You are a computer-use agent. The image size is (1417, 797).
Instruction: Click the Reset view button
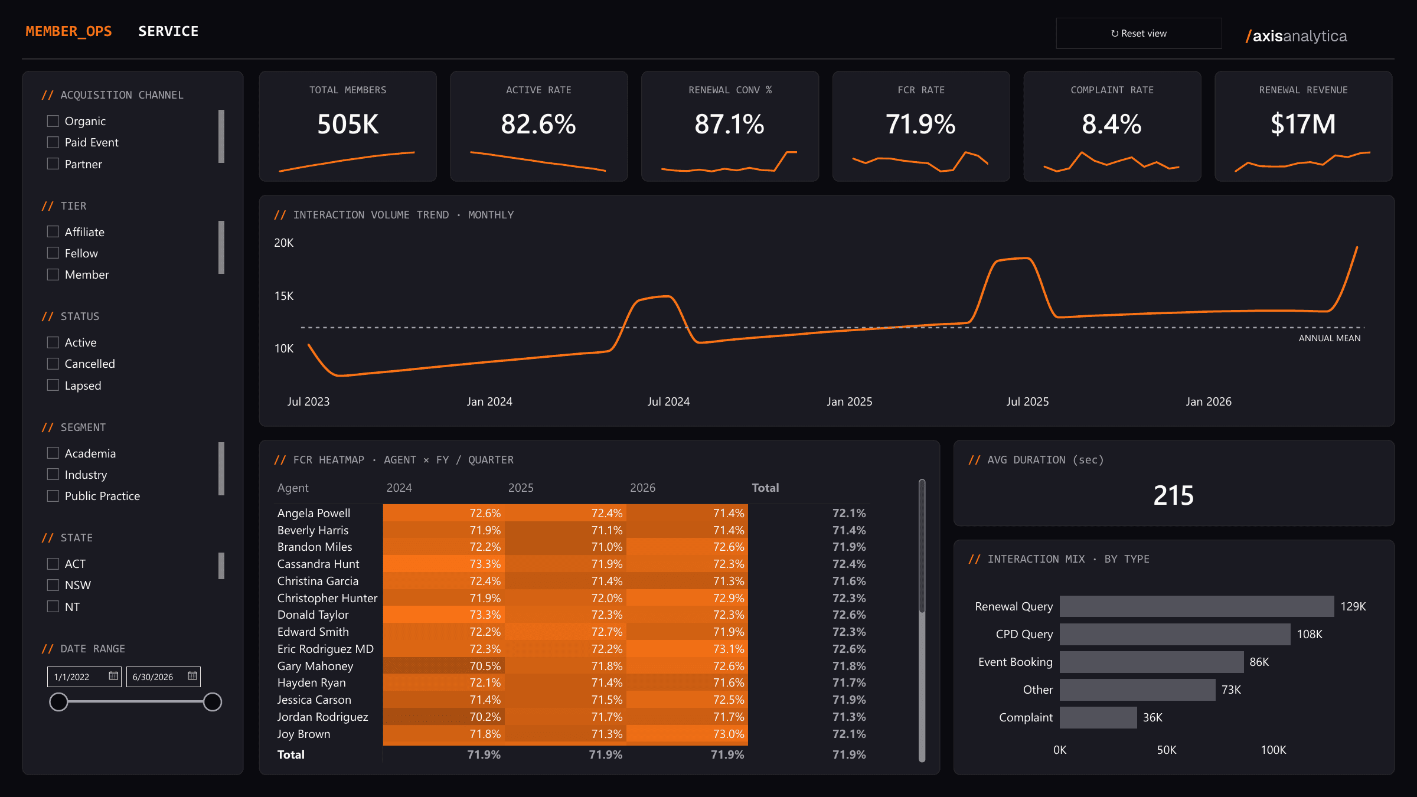1138,33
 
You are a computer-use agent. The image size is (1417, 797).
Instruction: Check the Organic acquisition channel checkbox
53,121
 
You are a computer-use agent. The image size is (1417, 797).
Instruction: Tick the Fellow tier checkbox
53,253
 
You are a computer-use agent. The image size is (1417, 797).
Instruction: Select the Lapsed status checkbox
53,386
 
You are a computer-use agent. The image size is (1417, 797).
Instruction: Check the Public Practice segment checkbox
53,496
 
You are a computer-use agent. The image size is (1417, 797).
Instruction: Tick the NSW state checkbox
53,585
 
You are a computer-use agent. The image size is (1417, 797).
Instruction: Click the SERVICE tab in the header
168,31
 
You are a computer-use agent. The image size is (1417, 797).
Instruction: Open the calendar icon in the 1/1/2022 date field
113,676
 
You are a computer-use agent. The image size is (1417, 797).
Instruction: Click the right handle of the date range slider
213,702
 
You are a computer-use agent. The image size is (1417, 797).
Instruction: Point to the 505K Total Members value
348,125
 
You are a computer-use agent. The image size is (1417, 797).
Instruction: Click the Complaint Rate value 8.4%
1112,125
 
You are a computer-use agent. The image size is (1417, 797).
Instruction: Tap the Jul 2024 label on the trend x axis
668,401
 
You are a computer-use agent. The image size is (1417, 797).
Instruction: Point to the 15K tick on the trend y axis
284,296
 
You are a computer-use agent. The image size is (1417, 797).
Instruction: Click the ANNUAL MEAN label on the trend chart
1330,338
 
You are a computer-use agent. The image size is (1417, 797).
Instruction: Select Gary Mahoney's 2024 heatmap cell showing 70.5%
444,666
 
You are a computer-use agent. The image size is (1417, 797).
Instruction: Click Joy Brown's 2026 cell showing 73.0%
687,734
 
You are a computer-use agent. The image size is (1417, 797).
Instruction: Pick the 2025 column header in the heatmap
521,488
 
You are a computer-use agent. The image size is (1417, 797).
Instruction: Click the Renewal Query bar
1197,606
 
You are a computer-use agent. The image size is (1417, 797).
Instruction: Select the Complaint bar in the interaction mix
1098,717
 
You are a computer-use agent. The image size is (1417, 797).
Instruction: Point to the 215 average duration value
1174,495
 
